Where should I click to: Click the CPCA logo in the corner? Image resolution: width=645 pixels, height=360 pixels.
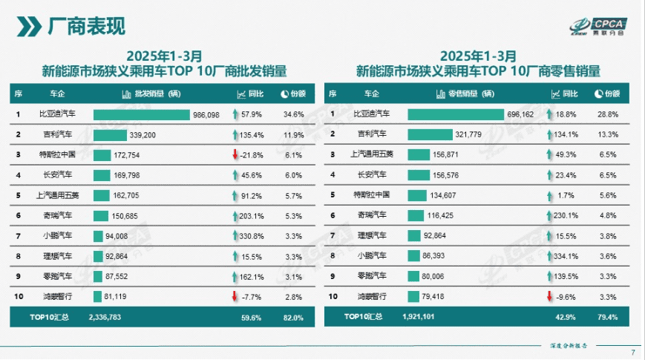pos(598,26)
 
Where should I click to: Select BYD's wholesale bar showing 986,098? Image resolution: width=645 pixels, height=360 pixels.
pos(142,115)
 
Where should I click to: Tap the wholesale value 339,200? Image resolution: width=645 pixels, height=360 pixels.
pos(143,135)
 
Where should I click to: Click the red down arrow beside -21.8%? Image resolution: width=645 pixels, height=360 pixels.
pos(235,154)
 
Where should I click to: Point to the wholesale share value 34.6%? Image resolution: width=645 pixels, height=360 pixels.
pos(293,114)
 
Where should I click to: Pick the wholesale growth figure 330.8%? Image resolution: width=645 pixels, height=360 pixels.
pos(252,236)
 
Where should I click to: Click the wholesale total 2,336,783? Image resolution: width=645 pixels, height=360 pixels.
pos(105,317)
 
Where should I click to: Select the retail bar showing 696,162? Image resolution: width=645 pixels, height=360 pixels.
pos(456,114)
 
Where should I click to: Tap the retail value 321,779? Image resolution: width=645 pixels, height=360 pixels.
pos(468,134)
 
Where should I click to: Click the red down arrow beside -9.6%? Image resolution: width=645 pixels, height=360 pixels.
pos(549,296)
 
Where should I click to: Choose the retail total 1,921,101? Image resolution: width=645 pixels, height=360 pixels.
pos(419,317)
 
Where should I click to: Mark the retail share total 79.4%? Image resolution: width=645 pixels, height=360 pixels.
pos(608,317)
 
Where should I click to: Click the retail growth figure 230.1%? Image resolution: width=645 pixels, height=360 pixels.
pos(566,215)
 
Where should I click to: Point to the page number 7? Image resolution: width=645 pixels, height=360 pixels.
pos(633,353)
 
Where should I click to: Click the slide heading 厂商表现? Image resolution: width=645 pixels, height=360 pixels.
pos(86,26)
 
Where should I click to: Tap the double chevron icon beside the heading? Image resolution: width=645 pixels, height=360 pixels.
pos(29,26)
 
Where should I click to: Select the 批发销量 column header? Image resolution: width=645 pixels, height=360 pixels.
pos(152,94)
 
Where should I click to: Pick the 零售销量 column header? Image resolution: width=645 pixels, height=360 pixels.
pos(465,94)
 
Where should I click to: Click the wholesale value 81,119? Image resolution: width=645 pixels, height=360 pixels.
pos(115,297)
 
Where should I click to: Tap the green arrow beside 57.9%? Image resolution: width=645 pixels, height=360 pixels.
pos(235,114)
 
